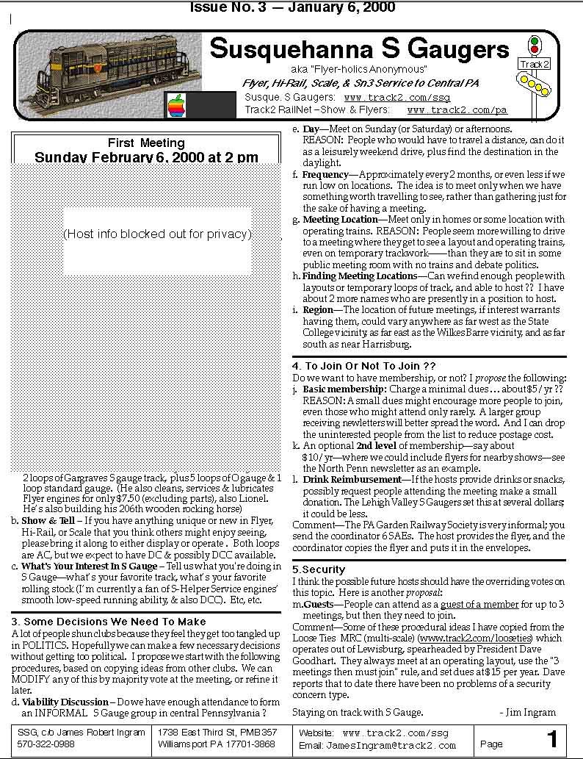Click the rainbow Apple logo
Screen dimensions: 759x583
(176, 105)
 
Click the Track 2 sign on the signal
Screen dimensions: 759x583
(535, 64)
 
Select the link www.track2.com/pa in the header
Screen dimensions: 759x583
(457, 110)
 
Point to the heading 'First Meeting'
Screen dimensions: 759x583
(146, 143)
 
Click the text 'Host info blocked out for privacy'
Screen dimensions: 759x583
(157, 234)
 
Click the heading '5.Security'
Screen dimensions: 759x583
(318, 569)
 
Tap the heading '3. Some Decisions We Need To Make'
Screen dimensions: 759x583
(109, 622)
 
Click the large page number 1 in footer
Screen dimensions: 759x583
(552, 739)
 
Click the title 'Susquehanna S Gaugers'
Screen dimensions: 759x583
(359, 49)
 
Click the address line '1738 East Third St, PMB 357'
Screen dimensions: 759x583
(217, 733)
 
